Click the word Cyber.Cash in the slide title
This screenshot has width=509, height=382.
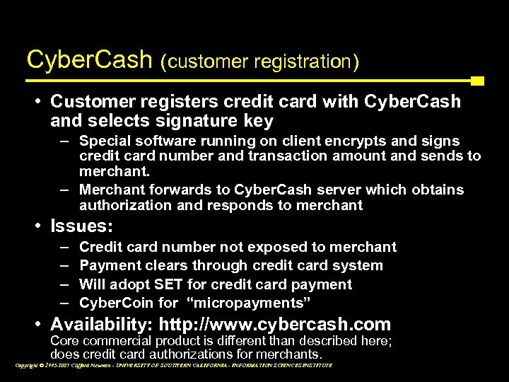tap(89, 59)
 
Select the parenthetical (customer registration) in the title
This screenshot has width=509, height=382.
tap(259, 62)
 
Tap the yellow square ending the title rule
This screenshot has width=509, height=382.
tap(477, 81)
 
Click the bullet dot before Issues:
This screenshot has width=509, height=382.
tap(37, 226)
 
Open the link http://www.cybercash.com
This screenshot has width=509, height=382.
tap(275, 325)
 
